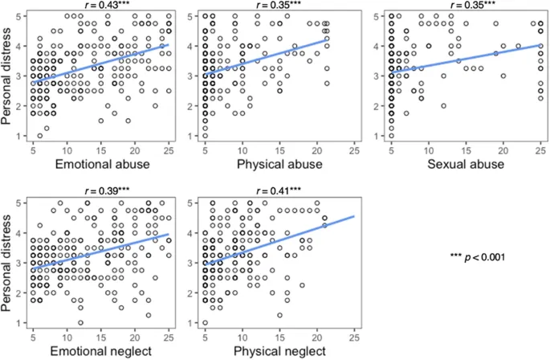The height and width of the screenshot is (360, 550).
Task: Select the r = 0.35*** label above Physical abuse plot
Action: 275,6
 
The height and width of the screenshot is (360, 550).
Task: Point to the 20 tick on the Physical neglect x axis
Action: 316,333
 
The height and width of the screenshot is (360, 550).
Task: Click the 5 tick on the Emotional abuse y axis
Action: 22,16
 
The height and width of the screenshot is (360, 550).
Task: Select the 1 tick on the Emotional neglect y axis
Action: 22,322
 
